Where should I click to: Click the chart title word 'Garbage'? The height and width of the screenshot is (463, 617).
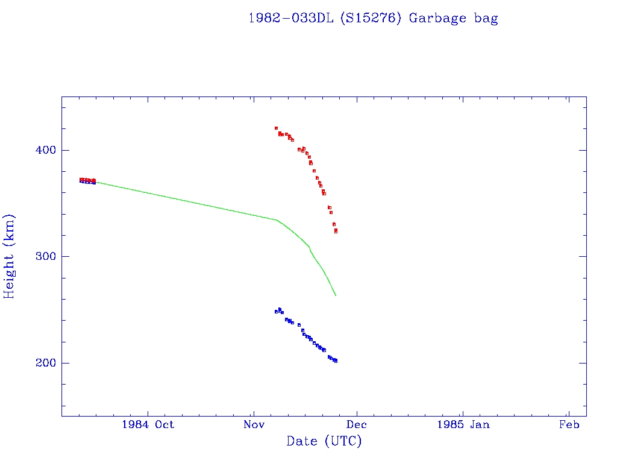tap(437, 18)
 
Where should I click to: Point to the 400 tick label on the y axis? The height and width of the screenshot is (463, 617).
tap(42, 150)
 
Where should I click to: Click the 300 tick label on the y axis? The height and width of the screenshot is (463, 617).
tap(42, 257)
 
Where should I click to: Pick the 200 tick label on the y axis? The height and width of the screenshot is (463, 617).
tap(42, 364)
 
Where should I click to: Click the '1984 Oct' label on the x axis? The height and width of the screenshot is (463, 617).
tap(148, 424)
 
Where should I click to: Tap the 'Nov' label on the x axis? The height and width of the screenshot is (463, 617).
tap(254, 424)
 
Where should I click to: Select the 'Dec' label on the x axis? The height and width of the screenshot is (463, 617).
tap(357, 424)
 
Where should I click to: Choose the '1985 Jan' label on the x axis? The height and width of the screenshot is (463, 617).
tap(463, 424)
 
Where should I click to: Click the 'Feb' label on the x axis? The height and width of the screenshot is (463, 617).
tap(569, 424)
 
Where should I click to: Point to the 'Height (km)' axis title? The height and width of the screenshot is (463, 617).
tap(10, 256)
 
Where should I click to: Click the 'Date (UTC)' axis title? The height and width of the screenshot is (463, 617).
tap(324, 442)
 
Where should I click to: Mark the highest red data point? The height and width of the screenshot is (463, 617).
tap(276, 128)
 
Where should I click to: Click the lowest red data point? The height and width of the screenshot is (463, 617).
tap(336, 231)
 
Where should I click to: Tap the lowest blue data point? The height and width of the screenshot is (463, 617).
tap(336, 361)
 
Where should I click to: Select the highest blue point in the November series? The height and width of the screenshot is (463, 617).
tap(280, 309)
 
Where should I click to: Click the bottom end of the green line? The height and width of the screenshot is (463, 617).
tap(336, 295)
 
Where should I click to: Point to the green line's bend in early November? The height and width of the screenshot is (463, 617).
tap(277, 220)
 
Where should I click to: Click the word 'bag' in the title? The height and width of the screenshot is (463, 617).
tap(486, 18)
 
